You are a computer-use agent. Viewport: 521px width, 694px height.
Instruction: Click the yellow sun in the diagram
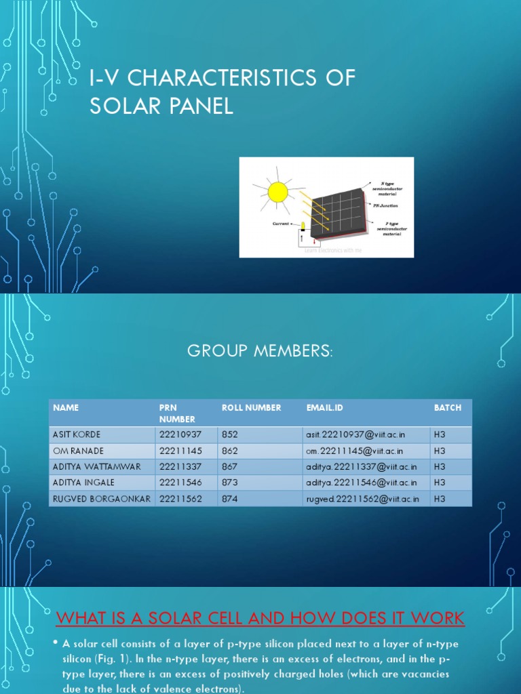coord(278,192)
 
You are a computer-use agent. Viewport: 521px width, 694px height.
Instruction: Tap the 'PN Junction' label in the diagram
coord(385,205)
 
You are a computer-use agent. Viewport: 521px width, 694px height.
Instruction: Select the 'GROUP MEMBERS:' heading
coord(260,350)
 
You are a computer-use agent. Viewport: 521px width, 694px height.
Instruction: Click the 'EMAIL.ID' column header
coord(325,407)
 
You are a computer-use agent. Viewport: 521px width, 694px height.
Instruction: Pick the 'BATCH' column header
coord(447,407)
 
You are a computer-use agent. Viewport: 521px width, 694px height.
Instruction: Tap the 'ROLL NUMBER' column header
coord(251,407)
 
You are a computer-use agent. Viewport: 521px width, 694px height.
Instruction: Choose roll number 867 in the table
coord(230,467)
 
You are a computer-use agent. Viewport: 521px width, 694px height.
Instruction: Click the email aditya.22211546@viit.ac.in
coord(361,483)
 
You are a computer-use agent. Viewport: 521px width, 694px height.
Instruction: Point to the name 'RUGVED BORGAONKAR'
coord(102,499)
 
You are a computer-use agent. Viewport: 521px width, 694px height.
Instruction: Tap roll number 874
coord(230,499)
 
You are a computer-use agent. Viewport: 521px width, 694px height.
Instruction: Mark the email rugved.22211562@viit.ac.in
coord(362,499)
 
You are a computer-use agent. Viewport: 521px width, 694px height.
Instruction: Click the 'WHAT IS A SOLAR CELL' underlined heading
coord(260,618)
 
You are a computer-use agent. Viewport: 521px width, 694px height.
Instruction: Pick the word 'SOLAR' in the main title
coord(121,107)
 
